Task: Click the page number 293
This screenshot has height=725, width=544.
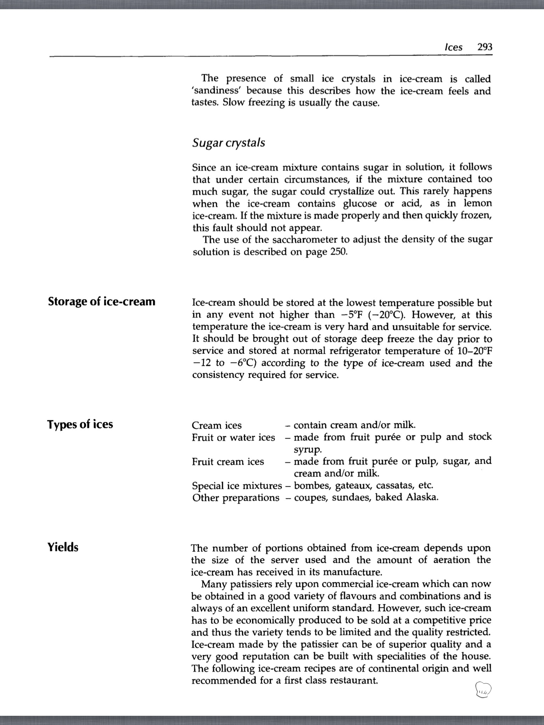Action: pos(484,47)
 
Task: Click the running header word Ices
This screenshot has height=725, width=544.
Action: pos(453,47)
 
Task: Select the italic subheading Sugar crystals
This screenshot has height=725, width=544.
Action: pos(228,143)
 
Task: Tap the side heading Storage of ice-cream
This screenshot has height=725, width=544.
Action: pos(102,302)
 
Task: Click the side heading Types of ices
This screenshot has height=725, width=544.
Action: pos(80,424)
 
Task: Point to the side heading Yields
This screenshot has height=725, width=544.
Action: pos(63,547)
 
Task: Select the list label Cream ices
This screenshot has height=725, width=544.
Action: pos(217,425)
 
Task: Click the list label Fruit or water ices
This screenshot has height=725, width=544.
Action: pos(233,438)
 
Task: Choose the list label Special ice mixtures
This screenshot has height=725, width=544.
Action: pos(237,486)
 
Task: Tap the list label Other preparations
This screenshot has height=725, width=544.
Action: pos(236,498)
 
